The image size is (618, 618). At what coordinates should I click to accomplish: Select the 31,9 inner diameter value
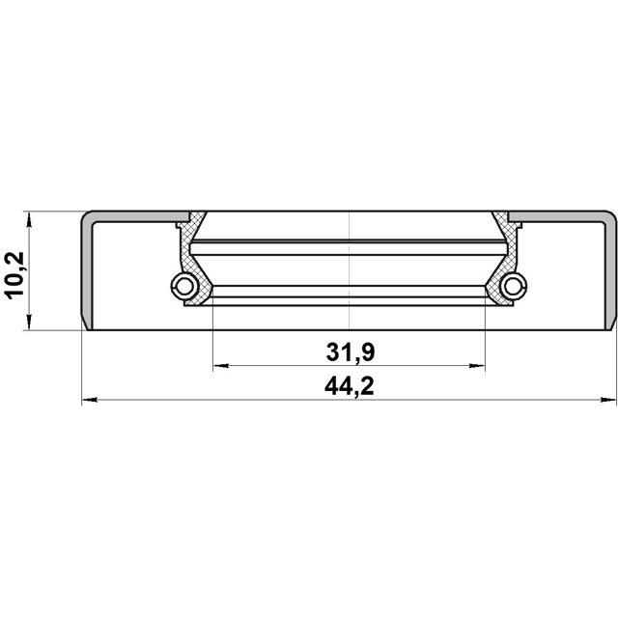[x=349, y=353]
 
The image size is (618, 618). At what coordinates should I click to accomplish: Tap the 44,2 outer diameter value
[x=349, y=387]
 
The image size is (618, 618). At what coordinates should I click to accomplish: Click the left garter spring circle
[x=183, y=285]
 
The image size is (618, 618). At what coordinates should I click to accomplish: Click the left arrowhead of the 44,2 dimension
[x=87, y=400]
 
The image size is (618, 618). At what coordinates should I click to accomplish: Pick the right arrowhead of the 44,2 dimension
[x=611, y=400]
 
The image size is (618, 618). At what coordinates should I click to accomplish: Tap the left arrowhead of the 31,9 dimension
[x=218, y=366]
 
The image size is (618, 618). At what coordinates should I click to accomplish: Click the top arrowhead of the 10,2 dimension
[x=31, y=216]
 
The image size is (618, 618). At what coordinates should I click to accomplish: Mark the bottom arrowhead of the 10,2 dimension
[x=31, y=324]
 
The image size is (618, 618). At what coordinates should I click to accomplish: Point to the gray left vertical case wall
[x=85, y=270]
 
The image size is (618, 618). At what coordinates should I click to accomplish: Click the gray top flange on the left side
[x=135, y=213]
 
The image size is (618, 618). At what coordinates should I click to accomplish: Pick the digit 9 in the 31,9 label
[x=366, y=353]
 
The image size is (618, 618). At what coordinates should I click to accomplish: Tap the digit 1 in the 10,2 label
[x=15, y=291]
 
